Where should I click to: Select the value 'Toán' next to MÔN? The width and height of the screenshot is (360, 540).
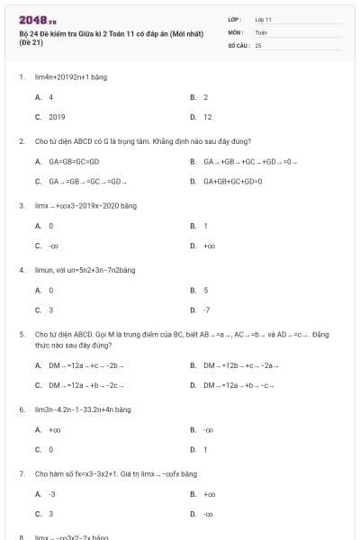click(x=261, y=31)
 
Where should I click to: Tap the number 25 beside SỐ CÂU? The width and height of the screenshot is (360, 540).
click(x=257, y=44)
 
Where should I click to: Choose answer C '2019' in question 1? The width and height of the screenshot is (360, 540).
click(x=57, y=117)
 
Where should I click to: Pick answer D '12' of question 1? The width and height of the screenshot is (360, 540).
click(x=207, y=117)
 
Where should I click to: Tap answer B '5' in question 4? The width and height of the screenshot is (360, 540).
click(x=206, y=290)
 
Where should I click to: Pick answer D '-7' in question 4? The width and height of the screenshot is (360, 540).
click(x=207, y=310)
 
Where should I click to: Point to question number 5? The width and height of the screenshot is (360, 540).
click(x=21, y=334)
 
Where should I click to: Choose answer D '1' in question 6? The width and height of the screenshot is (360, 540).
click(x=205, y=449)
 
